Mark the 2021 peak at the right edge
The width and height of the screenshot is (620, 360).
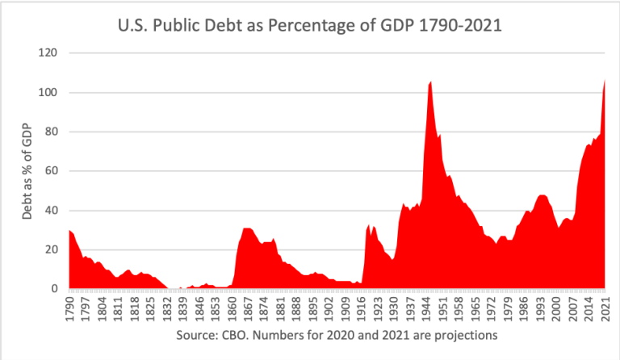coord(605,80)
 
